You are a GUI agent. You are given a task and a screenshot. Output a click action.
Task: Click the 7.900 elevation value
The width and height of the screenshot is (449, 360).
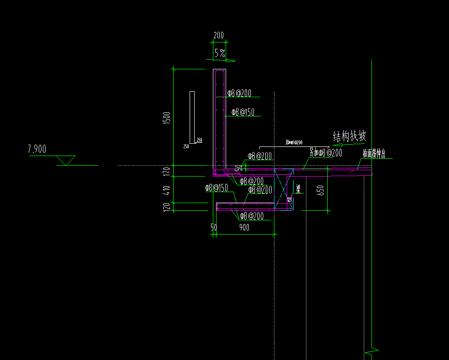(x=37, y=149)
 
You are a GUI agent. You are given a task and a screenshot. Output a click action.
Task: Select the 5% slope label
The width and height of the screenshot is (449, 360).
(x=220, y=53)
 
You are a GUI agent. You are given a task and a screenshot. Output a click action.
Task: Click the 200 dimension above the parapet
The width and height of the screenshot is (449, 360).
(x=219, y=35)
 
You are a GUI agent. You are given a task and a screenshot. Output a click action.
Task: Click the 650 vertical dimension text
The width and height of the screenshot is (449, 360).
(x=320, y=190)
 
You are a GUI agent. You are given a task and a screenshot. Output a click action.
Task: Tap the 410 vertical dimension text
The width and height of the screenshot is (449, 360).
(x=167, y=189)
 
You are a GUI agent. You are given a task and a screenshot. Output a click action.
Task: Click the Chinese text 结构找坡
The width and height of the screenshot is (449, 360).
(x=350, y=136)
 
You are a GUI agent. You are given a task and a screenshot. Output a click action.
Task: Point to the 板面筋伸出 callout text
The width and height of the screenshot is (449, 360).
(x=374, y=154)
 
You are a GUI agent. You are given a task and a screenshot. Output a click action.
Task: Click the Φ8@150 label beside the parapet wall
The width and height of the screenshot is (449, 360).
(x=243, y=112)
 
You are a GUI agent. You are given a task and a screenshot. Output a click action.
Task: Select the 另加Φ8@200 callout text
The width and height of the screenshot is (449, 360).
(x=325, y=153)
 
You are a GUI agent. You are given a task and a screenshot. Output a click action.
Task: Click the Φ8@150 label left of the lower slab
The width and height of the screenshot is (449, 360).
(x=216, y=188)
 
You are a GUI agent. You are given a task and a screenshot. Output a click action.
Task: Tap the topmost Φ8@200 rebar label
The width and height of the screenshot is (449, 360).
(x=239, y=93)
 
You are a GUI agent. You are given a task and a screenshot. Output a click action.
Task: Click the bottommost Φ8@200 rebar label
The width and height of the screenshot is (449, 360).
(x=252, y=216)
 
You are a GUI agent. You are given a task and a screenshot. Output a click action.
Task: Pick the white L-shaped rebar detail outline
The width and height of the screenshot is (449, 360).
(x=193, y=118)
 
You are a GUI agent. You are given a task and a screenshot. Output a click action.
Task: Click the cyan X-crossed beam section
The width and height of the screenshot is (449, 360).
(x=283, y=189)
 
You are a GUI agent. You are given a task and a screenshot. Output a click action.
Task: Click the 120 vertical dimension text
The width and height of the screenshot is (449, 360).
(x=167, y=207)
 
